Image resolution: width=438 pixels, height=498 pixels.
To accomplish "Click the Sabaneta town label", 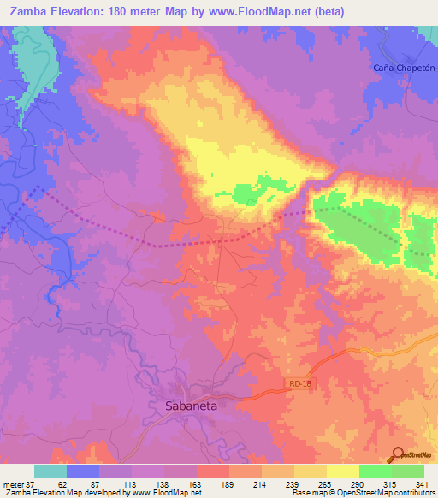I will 192,407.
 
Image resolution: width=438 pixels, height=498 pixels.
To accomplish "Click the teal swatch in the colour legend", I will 50,471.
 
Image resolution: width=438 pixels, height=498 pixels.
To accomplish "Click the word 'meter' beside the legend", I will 12,484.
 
